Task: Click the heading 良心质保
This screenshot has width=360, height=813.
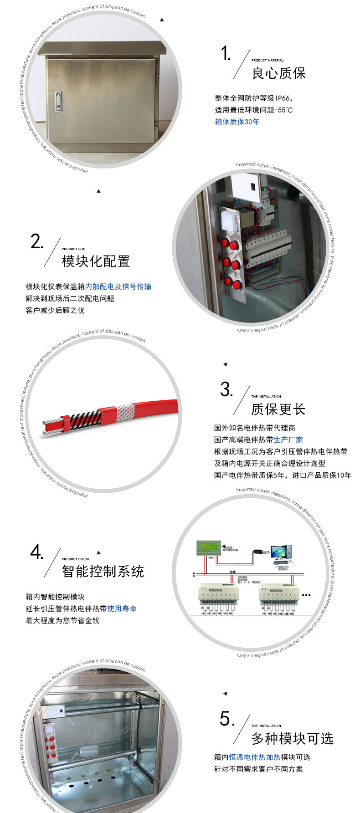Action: pos(279,73)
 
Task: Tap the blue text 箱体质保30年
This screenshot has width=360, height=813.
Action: pos(237,122)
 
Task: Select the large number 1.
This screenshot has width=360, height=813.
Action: pos(226,54)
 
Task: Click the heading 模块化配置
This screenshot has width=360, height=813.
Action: pos(96,261)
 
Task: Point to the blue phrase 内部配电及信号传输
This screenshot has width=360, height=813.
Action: pos(118,286)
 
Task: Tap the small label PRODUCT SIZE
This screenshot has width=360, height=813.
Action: pos(73,249)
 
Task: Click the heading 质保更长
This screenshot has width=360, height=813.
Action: pos(278,409)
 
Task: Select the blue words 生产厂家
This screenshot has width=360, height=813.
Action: pos(288,440)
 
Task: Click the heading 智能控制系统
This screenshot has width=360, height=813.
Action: pos(103,571)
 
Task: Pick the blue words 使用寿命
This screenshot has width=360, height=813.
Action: pos(122,608)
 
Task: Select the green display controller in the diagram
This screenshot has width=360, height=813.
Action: pos(208,547)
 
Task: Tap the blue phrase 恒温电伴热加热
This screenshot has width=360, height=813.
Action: pos(255,757)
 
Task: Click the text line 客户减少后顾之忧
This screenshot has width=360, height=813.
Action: pos(55,310)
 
